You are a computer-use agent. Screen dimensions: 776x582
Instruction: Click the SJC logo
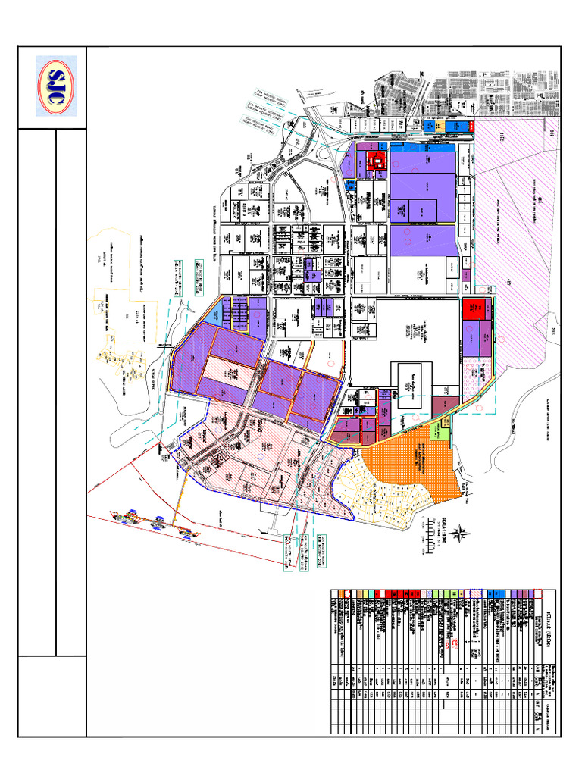point(56,86)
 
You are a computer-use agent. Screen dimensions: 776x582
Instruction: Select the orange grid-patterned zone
point(409,462)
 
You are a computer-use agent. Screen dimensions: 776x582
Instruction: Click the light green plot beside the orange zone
point(439,431)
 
